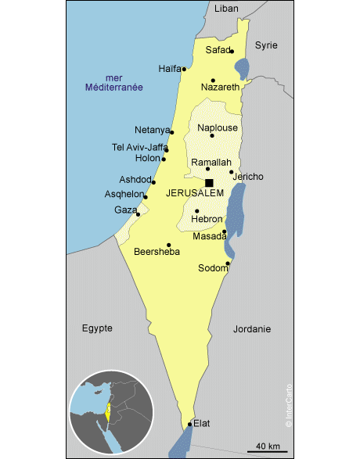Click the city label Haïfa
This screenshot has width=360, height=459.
click(169, 68)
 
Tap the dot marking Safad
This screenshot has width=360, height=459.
click(232, 52)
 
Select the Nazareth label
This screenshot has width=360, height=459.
click(220, 87)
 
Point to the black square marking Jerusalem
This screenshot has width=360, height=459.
click(209, 183)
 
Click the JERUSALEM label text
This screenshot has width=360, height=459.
click(195, 193)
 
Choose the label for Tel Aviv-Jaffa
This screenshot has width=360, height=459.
click(140, 147)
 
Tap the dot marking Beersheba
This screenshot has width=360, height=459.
click(169, 245)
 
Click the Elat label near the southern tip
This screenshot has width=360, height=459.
click(202, 423)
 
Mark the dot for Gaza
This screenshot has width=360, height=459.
click(138, 214)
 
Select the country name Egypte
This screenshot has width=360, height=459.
click(97, 328)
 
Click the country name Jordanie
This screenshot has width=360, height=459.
click(252, 329)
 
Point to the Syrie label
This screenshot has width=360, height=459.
click(266, 45)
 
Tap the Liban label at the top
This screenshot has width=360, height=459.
click(226, 9)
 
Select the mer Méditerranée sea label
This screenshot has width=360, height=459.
click(114, 83)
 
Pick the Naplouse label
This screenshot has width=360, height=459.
click(218, 127)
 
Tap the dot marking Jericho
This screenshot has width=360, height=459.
click(232, 172)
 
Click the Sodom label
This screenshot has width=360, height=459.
click(212, 267)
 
